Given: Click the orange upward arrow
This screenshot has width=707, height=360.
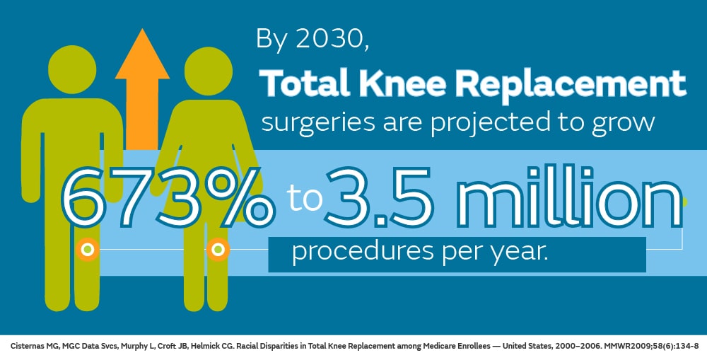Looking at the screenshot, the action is pos(142,91).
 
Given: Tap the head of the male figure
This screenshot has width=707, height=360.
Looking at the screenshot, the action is pos(72,70).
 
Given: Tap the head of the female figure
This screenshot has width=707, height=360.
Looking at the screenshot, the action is pos(209,71).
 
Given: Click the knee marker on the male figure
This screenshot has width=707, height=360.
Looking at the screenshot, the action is pos(88,249).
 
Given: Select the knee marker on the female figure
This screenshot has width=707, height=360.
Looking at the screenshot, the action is pos(218,249).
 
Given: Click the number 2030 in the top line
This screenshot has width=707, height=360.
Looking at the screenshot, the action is pos(329,39).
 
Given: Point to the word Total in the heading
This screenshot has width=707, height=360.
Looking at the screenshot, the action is pos(304,83).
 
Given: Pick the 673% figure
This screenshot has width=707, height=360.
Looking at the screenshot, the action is pos(168,197).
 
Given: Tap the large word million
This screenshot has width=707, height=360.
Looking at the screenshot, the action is pos(569,195).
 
